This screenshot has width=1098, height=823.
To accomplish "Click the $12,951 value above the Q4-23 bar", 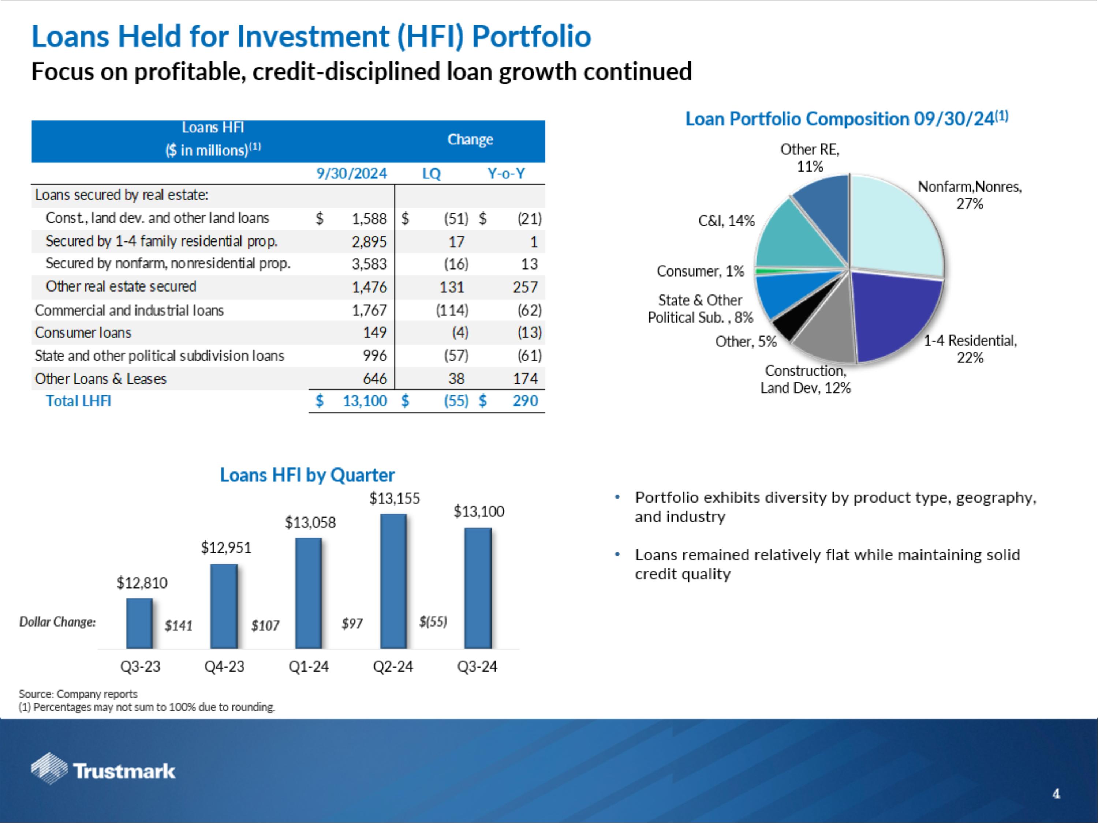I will click(x=226, y=548).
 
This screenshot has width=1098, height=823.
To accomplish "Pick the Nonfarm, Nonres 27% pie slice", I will click(x=893, y=223).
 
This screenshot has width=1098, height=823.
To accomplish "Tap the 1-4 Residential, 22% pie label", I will click(x=970, y=349).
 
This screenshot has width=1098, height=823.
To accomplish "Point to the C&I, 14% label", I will click(x=726, y=221).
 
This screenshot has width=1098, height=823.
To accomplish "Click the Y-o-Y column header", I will click(x=506, y=174).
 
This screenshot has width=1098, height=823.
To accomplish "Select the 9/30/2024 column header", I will click(x=351, y=174).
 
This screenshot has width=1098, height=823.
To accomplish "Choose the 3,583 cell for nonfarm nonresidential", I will click(x=369, y=264).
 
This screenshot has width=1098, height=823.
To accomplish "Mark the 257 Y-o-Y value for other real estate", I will click(x=525, y=287).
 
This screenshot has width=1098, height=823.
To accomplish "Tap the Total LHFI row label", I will click(x=78, y=401).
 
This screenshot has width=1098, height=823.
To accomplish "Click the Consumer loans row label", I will click(x=83, y=332).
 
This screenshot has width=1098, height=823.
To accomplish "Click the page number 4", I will click(x=1056, y=794).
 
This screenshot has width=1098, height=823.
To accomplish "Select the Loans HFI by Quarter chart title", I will click(x=307, y=475).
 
